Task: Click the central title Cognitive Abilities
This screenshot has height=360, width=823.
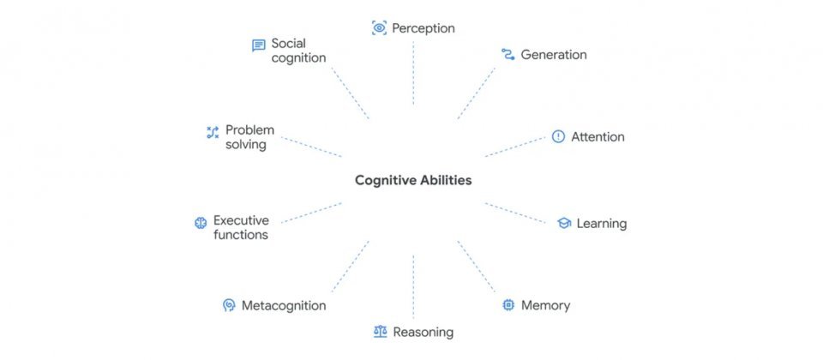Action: (413, 181)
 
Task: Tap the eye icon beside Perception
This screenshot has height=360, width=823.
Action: (379, 28)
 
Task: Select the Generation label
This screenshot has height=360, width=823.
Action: (554, 55)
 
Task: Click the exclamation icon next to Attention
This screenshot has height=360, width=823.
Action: (558, 136)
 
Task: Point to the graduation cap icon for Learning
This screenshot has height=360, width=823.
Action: (563, 224)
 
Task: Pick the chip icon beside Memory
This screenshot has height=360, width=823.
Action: (508, 305)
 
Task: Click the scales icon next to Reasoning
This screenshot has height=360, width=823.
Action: (380, 332)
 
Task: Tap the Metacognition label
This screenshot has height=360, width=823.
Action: (283, 305)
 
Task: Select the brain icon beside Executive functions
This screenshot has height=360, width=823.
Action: (201, 223)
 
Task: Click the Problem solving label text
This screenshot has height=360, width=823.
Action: (249, 137)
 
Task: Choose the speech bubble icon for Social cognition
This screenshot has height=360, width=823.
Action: (258, 45)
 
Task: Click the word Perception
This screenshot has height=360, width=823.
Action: (424, 28)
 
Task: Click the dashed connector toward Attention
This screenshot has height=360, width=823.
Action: (514, 147)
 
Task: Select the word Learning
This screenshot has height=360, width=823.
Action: (602, 224)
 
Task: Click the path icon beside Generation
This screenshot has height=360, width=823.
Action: (508, 55)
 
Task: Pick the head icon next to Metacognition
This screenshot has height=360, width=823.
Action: (228, 305)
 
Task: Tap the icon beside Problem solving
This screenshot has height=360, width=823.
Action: (213, 132)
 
